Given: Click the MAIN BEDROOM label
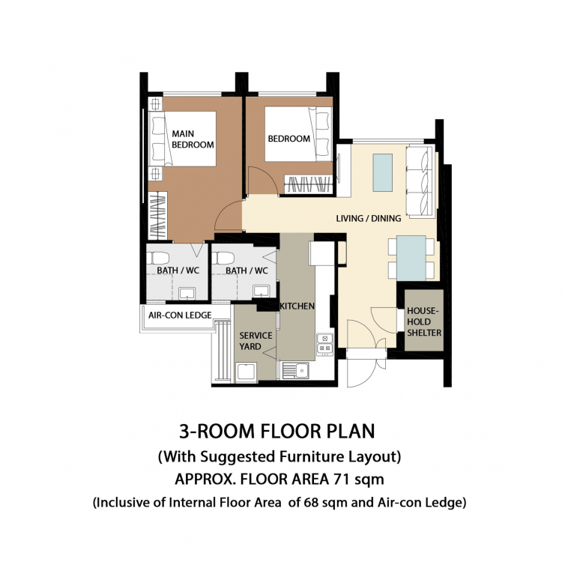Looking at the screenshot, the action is point(193,139).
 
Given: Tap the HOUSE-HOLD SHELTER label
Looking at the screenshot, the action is point(424,321).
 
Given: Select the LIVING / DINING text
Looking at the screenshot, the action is point(369,218).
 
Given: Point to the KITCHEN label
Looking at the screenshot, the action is point(297,306).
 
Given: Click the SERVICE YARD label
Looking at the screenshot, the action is point(256,341).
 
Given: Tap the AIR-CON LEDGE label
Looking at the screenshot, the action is point(180,315).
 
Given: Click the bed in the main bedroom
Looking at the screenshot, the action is point(182,139).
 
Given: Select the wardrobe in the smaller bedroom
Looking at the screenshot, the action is point(307,184).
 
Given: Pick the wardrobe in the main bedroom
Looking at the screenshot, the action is point(157,216).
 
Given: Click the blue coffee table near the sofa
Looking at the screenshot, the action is point(382,173).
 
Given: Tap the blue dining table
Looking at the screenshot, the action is point(411,258).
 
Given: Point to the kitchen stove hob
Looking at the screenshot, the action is point(324,344).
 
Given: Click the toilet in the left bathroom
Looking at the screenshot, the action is point(157,258).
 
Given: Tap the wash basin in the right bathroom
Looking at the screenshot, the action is point(262,291).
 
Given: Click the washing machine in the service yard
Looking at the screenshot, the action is point(246,372).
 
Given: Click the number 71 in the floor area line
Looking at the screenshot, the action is point(341,479).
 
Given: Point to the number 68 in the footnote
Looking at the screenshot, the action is point(311,502).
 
